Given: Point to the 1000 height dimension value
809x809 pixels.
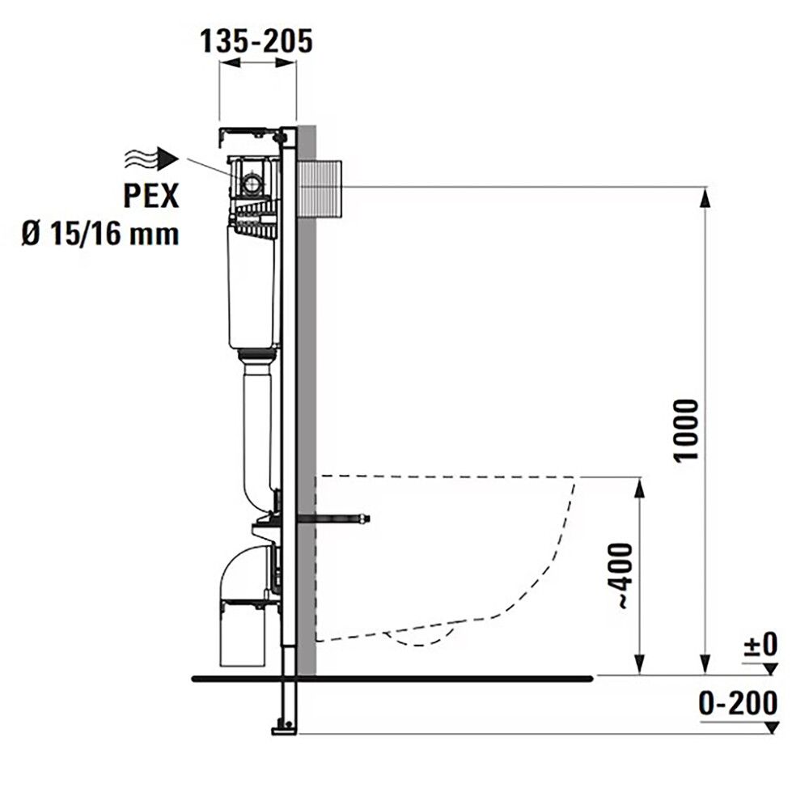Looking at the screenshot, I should pyautogui.click(x=685, y=429).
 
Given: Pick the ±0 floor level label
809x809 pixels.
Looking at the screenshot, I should pyautogui.click(x=760, y=645).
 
